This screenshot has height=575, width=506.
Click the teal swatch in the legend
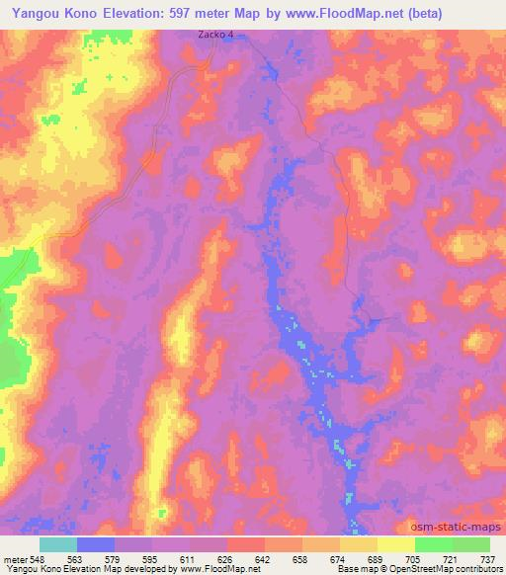(58, 544)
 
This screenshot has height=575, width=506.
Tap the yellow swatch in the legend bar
(396, 544)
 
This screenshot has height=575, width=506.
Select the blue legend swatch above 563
(96, 544)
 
